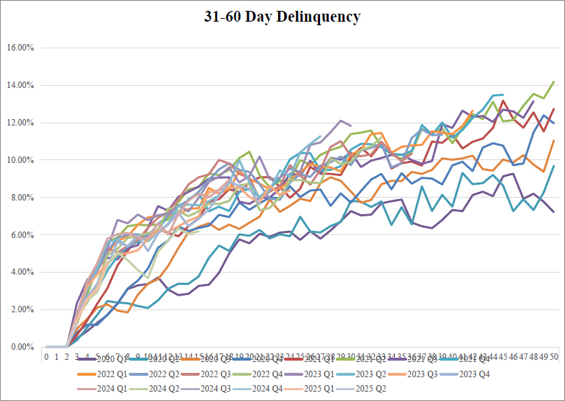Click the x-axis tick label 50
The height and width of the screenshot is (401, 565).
click(553, 356)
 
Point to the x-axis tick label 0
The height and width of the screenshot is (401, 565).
click(46, 356)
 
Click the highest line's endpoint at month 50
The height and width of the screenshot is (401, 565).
click(553, 81)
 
